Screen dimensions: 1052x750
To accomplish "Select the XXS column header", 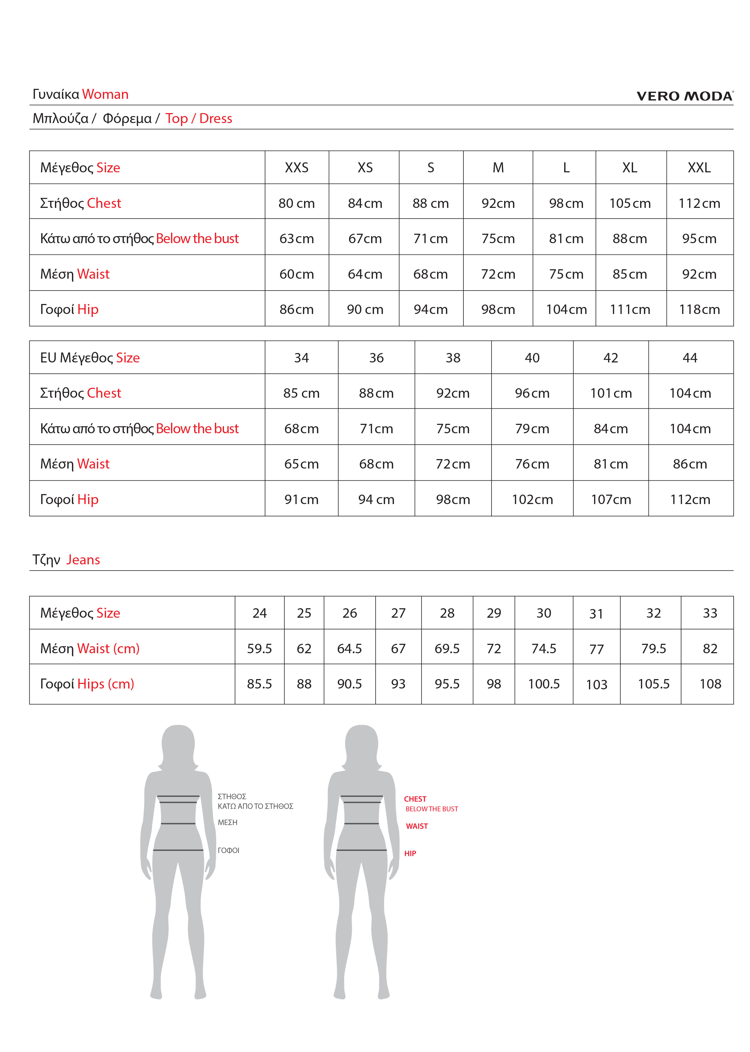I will coord(296,168).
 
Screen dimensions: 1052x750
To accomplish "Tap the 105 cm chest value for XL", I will coord(630,203).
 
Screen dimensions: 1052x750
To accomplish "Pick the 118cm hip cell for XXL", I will coord(699,309).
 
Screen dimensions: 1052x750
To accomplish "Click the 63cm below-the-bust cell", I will coord(296,239).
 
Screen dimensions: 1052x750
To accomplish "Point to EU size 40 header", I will coord(532,358).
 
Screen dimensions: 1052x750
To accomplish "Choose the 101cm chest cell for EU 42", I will coord(611,393).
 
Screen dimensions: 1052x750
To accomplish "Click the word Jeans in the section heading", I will coord(83,560).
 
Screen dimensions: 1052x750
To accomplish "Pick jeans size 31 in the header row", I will coord(596,614).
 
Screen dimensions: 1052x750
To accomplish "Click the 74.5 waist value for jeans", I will coord(543,649).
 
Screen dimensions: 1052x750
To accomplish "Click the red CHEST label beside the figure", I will coord(415,799).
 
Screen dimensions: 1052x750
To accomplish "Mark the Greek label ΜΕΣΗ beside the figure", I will coord(228,823).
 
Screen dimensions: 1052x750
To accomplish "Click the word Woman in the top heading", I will coord(105,94).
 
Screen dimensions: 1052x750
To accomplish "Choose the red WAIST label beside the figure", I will coord(417,826).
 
